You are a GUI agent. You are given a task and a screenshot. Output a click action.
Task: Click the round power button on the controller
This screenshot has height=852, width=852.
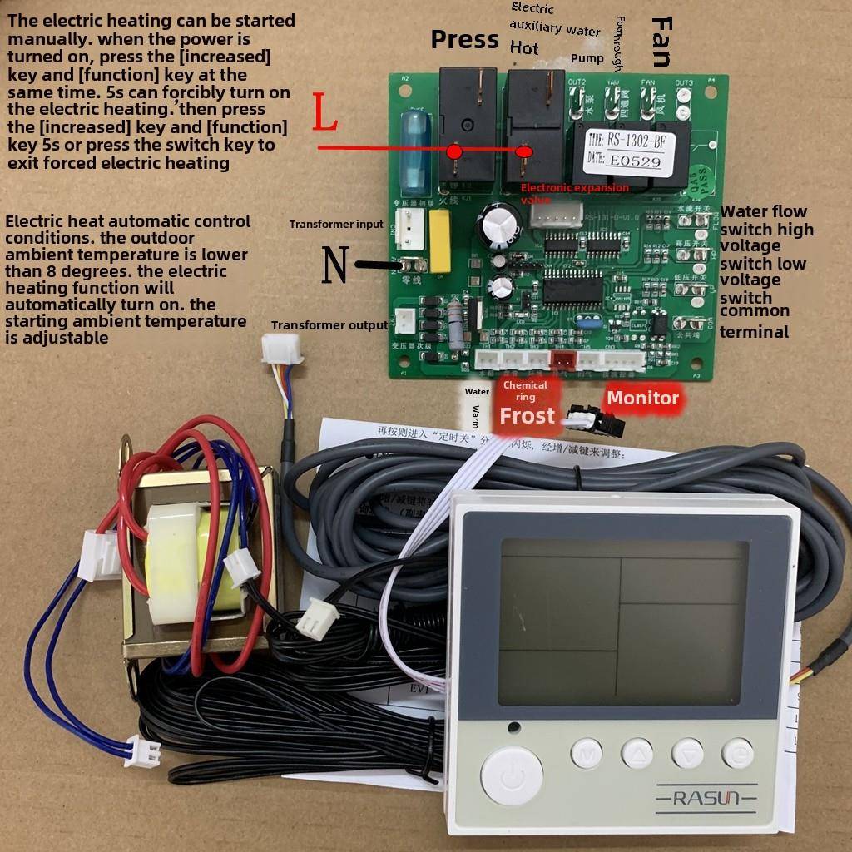click(x=512, y=775)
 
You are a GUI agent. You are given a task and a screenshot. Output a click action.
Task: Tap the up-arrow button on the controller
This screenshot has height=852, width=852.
click(x=637, y=753)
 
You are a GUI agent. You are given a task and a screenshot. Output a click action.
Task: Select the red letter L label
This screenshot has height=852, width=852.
click(x=324, y=115)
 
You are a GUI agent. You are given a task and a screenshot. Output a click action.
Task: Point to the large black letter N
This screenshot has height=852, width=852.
click(x=335, y=265)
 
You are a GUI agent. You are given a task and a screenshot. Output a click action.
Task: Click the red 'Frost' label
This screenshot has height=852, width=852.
click(x=527, y=415)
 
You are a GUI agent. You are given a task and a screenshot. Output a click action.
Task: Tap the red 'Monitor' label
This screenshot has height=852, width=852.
click(x=642, y=398)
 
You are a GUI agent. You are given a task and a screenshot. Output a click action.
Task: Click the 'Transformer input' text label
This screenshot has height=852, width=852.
click(x=336, y=224)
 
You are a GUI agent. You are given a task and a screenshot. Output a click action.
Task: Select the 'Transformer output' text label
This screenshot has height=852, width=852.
click(x=329, y=325)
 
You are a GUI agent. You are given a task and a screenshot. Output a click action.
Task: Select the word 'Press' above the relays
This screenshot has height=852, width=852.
click(x=464, y=39)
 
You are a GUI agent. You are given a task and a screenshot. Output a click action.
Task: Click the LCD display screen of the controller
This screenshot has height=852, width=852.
click(x=624, y=620)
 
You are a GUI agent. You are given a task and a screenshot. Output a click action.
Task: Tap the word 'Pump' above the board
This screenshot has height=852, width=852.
click(x=587, y=59)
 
